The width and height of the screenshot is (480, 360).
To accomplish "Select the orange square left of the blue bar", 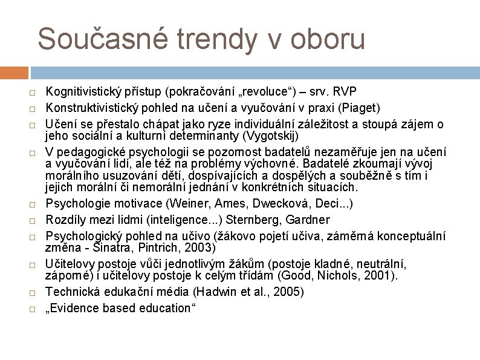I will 14,73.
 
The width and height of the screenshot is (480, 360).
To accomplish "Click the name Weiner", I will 189,203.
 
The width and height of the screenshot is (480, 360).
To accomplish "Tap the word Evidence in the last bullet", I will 77,308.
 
